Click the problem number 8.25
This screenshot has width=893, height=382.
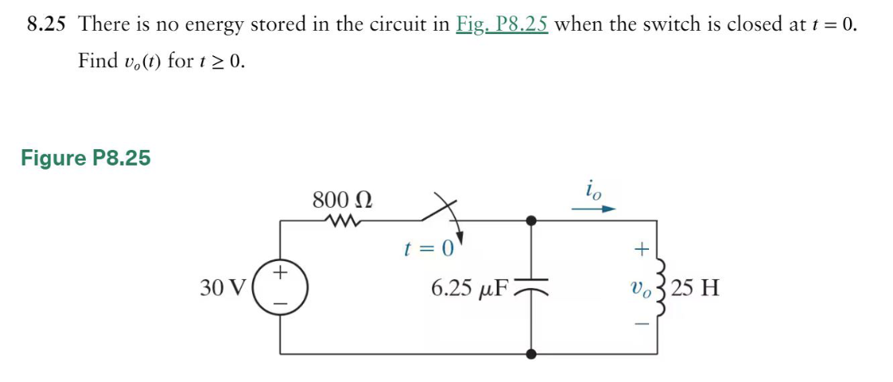[x=45, y=24]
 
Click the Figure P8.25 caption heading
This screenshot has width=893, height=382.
[x=86, y=157]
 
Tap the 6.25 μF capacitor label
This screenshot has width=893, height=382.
[x=469, y=287]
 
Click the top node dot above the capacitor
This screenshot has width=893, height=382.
[x=531, y=221]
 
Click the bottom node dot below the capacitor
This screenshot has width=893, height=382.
[x=531, y=354]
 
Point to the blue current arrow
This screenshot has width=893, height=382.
[x=595, y=209]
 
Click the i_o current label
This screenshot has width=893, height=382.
[x=593, y=191]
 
